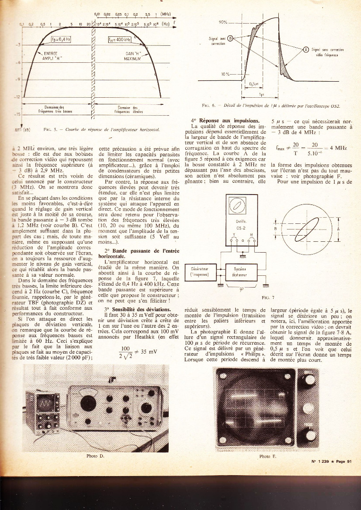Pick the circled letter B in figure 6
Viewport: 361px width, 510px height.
(231, 39)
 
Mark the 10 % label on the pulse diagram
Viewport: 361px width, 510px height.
(224, 75)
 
